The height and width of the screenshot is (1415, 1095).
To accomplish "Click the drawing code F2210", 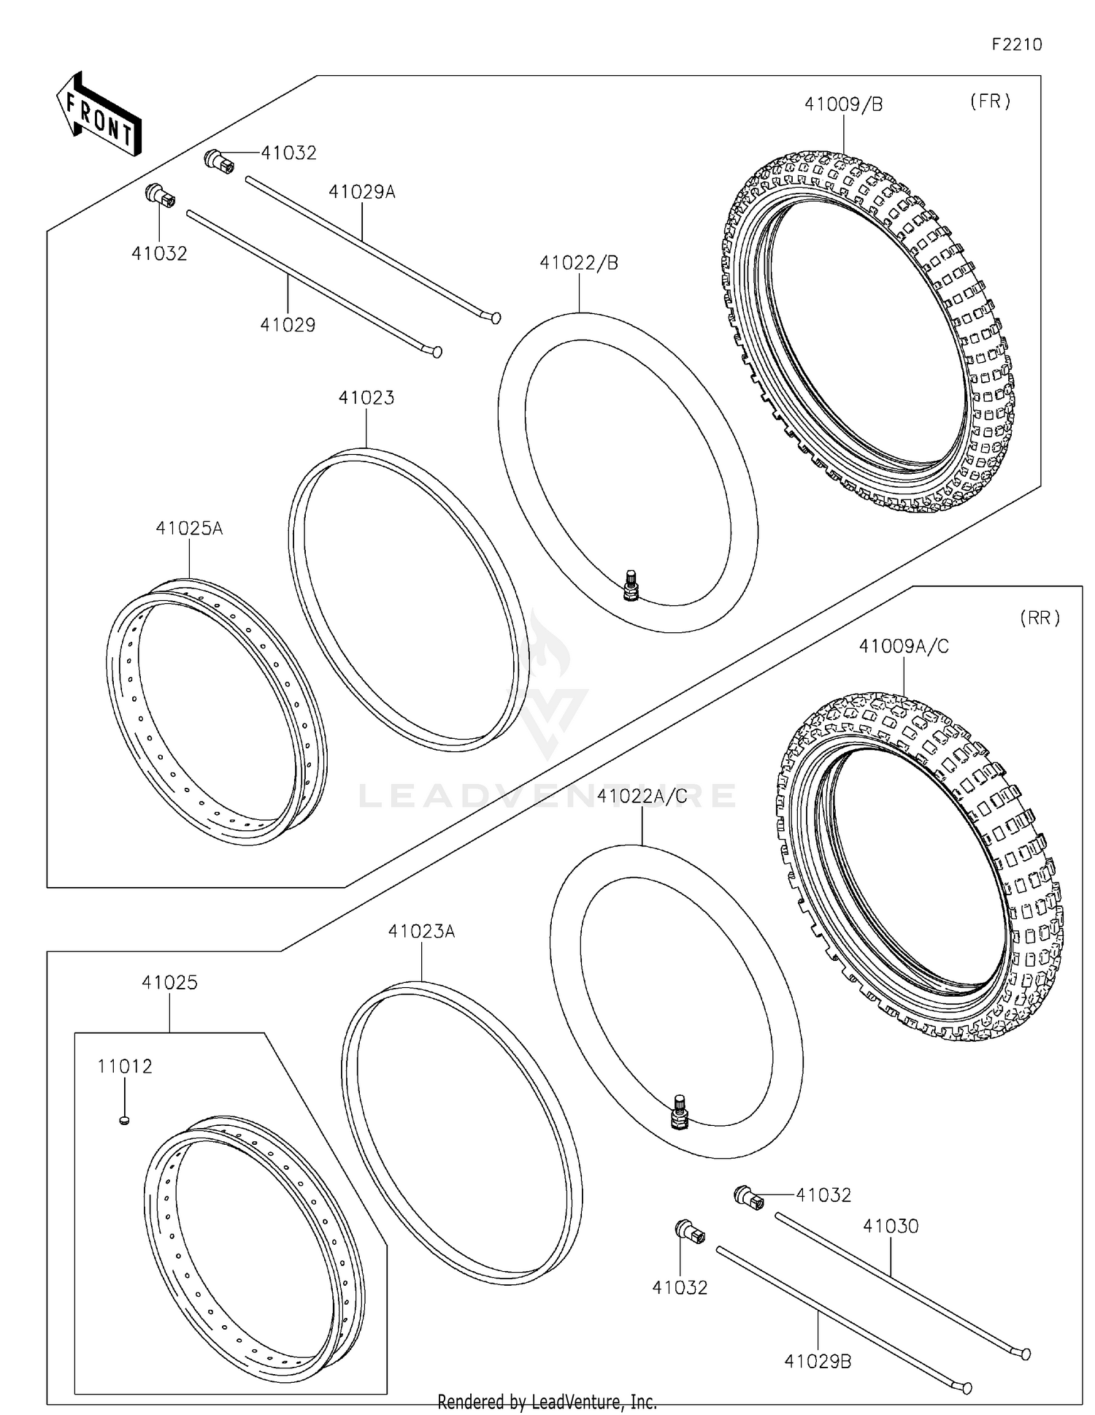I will coord(1016,45).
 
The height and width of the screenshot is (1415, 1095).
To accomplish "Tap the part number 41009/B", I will coord(843,104).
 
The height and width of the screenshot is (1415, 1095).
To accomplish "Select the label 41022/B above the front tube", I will coord(579,263).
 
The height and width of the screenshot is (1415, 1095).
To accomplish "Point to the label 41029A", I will coord(362,192).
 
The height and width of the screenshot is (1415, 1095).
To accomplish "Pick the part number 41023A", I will coord(421,931).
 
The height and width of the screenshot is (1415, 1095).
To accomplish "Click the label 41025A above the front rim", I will coord(189,528).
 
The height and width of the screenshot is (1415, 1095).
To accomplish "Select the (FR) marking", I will coord(990,101).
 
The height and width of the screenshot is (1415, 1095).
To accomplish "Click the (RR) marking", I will coord(1040,618).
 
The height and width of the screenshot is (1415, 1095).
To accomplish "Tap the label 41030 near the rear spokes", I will coord(891,1226).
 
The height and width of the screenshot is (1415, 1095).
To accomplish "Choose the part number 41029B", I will coord(818,1362).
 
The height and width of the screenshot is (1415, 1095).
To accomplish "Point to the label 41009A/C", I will coord(904,646).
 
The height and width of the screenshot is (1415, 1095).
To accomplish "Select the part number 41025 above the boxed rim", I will coord(169,982).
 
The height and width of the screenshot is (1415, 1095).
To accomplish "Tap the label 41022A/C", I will coord(642,796).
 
